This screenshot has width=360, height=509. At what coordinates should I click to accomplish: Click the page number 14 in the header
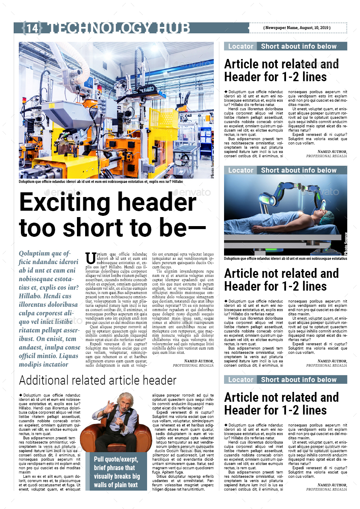32,28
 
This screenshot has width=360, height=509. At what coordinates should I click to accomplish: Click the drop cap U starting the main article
91,258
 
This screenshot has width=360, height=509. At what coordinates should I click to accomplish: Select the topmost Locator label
240,46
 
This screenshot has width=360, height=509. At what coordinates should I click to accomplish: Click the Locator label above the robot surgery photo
240,170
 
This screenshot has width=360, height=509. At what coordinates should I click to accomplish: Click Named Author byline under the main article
198,361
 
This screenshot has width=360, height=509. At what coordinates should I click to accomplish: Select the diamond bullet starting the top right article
226,91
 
